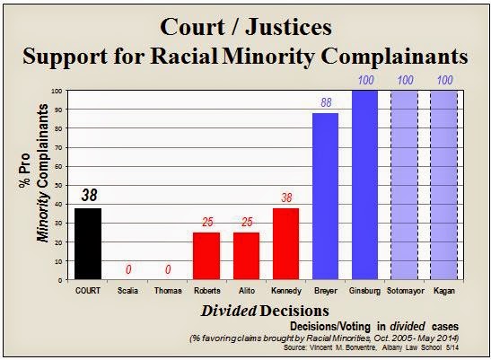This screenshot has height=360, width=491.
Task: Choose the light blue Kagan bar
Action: [x=444, y=185]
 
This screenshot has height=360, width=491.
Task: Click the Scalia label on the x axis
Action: [x=127, y=291]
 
